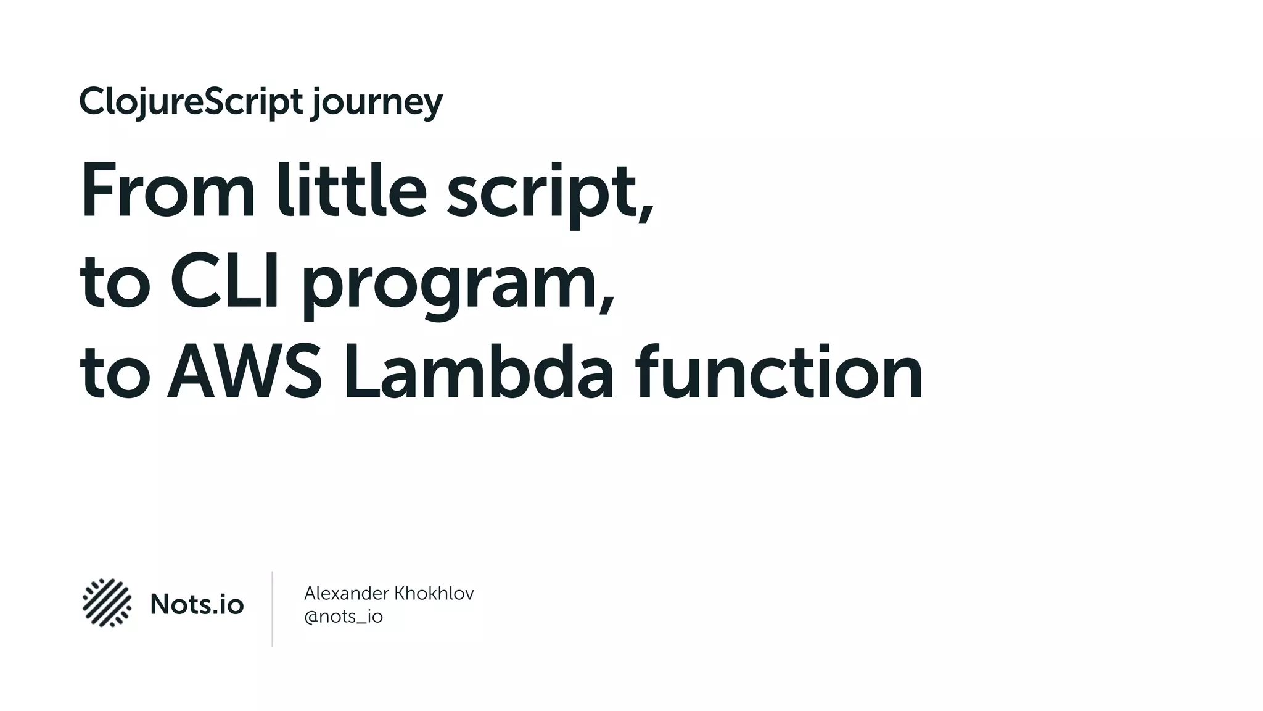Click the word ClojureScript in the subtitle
[x=191, y=102]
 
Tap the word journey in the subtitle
[x=377, y=104]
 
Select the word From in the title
[x=167, y=190]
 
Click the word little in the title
[x=351, y=190]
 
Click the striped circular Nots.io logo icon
[x=107, y=603]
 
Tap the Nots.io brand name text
[x=197, y=604]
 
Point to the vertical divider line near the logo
[x=272, y=609]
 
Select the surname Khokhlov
[x=434, y=594]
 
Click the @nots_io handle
[x=344, y=617]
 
